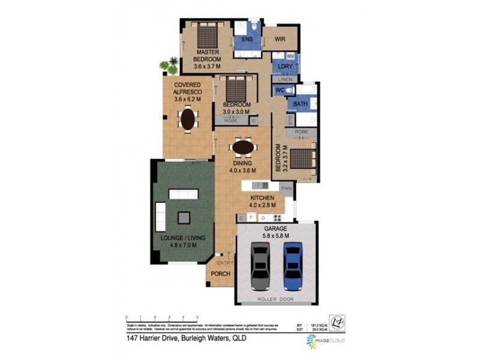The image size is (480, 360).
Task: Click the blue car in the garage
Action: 292,264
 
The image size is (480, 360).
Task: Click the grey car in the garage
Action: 260,264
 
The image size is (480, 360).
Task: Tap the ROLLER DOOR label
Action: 275,298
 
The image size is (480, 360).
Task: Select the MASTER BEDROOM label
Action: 207,56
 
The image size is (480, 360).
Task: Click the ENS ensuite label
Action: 247,40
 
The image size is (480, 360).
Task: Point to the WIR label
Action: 280,40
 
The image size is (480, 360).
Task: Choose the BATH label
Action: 300,104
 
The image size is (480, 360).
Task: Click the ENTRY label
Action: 225,263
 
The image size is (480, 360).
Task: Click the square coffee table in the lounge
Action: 183,217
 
